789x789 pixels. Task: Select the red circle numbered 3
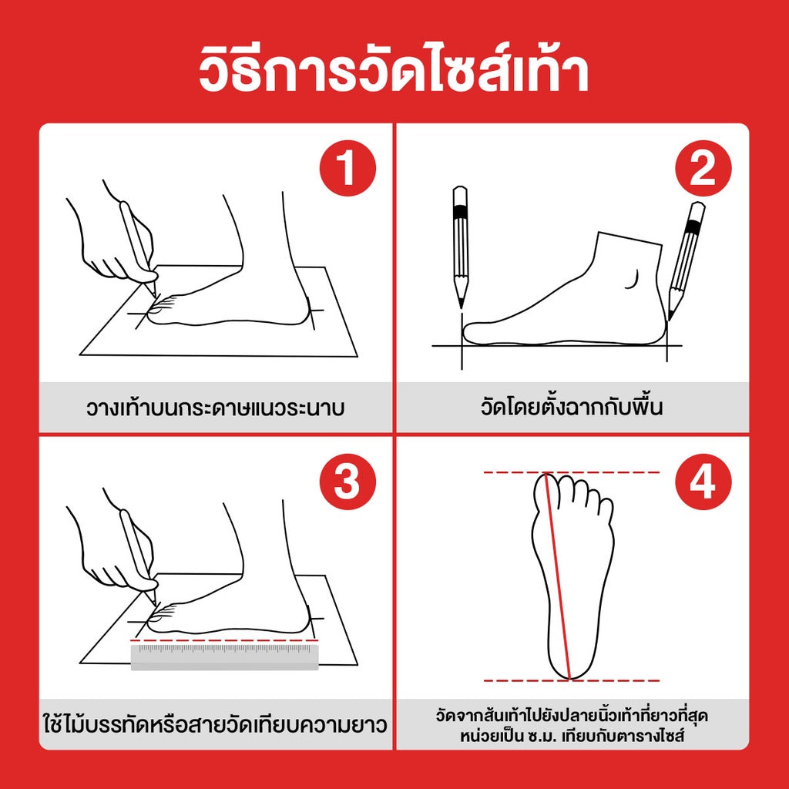(347, 483)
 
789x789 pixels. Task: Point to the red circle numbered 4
(702, 483)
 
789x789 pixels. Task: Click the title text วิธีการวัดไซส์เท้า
(394, 71)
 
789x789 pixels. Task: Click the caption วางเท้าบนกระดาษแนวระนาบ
(215, 408)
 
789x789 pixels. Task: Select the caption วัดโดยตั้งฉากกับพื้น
(571, 407)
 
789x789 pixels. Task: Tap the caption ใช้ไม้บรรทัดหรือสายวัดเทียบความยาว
(215, 724)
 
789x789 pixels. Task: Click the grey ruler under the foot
(224, 656)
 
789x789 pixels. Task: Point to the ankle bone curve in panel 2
(636, 279)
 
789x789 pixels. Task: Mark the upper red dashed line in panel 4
(571, 472)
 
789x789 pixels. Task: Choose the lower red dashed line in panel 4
(571, 680)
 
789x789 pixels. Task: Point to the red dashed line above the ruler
(223, 640)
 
